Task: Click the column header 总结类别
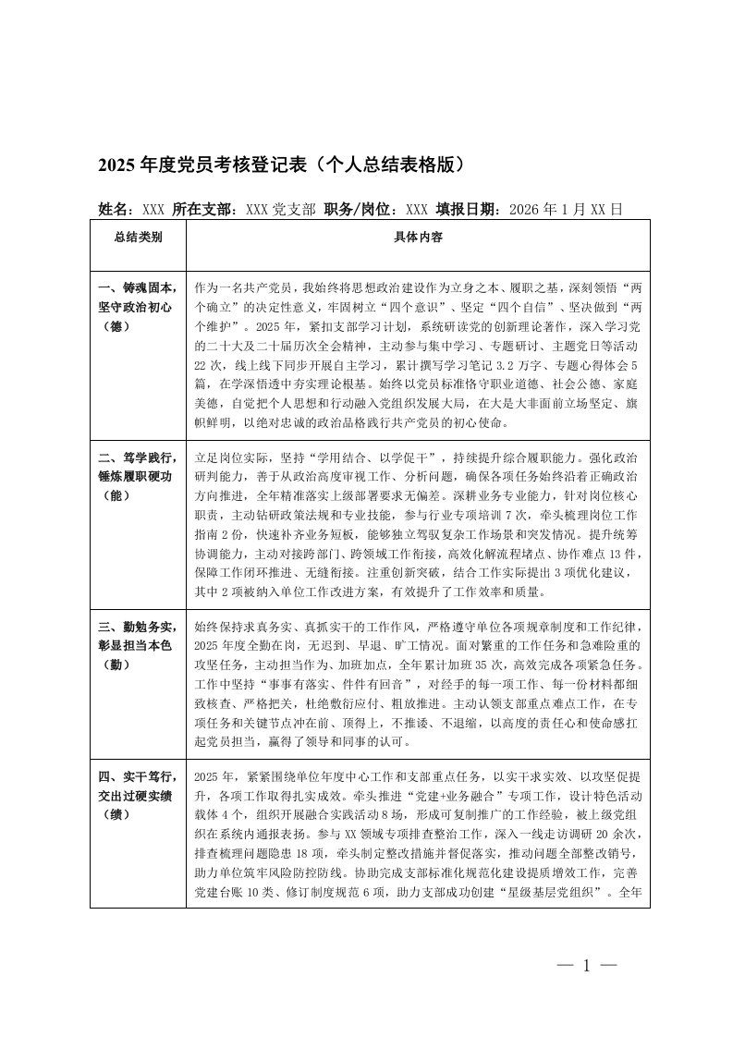(x=139, y=238)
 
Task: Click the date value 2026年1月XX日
(x=560, y=209)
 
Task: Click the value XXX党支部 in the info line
(x=281, y=209)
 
